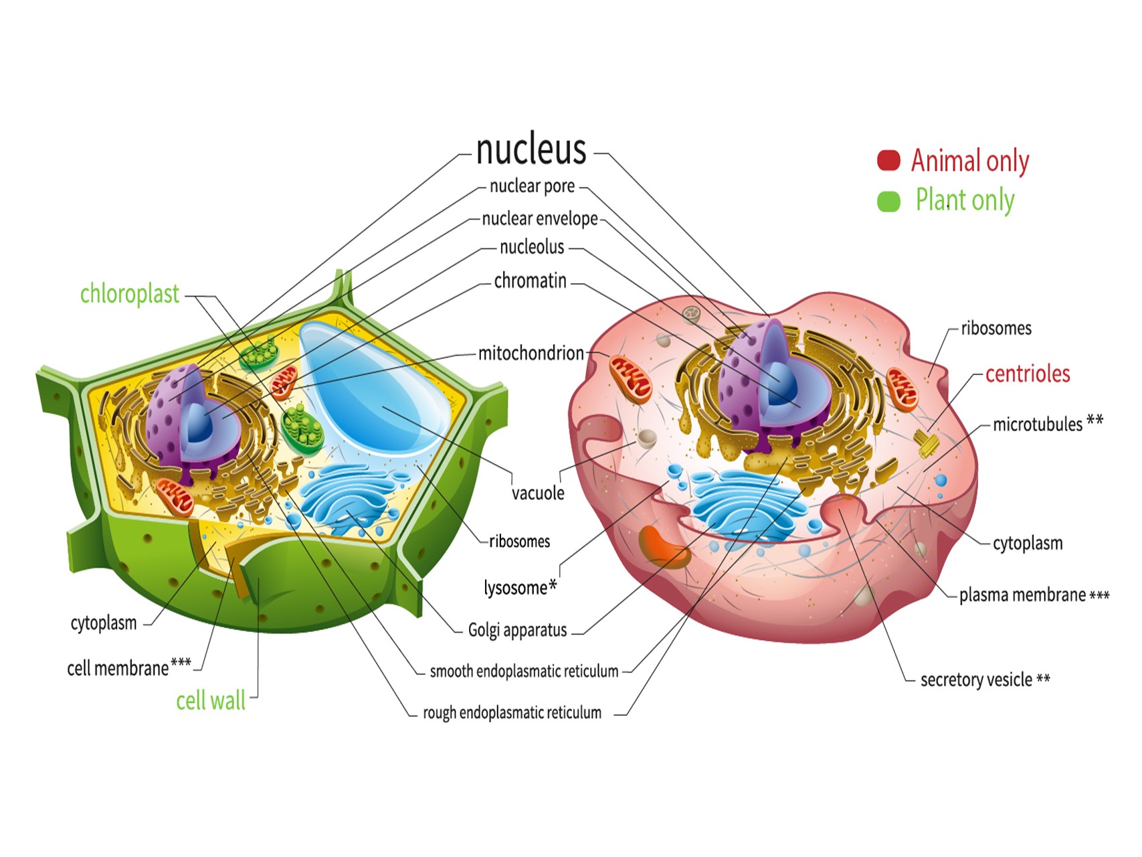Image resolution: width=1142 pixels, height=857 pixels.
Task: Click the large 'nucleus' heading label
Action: pyautogui.click(x=531, y=149)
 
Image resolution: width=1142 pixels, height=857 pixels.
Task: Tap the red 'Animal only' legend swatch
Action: pyautogui.click(x=888, y=160)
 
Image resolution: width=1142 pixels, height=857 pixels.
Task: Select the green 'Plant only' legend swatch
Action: pyautogui.click(x=888, y=201)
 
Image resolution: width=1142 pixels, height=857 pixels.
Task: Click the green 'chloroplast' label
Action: pyautogui.click(x=129, y=294)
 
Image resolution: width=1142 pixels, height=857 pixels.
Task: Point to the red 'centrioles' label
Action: pyautogui.click(x=1027, y=374)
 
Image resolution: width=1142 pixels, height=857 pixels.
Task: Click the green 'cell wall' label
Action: pyautogui.click(x=210, y=701)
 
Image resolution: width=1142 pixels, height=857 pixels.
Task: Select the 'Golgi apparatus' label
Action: pyautogui.click(x=517, y=630)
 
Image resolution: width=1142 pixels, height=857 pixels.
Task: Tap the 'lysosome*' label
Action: pyautogui.click(x=520, y=588)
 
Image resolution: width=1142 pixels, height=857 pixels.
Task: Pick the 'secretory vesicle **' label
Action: pyautogui.click(x=985, y=680)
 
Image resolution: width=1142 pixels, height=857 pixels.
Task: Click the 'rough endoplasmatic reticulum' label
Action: pyautogui.click(x=512, y=713)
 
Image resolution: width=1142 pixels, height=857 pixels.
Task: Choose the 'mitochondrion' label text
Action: pyautogui.click(x=531, y=353)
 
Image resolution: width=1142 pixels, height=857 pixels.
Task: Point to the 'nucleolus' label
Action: pyautogui.click(x=532, y=248)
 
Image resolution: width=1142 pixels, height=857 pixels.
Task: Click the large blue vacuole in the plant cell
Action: pyautogui.click(x=375, y=388)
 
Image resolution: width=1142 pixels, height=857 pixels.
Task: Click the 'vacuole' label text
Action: pyautogui.click(x=538, y=493)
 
